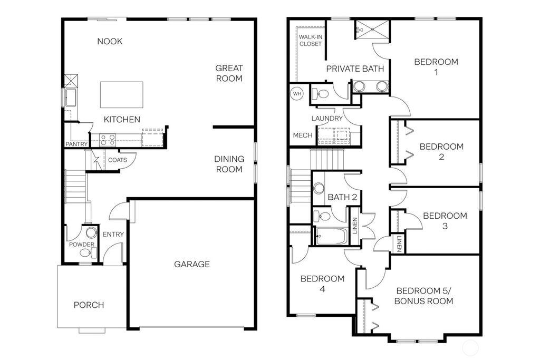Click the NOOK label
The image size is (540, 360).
point(110,41)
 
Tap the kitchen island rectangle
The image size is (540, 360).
point(122,94)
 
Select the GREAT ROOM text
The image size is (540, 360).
point(229,73)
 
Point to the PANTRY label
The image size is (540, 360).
point(76,144)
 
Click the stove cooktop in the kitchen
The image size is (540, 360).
point(108,140)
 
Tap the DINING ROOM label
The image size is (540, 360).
point(228,164)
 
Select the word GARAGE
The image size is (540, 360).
point(192,264)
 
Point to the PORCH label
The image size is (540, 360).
point(89,305)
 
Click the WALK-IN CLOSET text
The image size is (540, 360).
point(310,41)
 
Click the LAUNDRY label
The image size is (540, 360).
point(327,119)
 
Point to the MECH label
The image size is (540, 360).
point(302,135)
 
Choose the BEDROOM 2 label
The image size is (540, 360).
point(441,151)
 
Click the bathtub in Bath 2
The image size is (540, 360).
point(330,236)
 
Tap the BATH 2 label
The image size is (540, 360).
point(343,197)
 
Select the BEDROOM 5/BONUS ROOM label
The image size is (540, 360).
point(425,296)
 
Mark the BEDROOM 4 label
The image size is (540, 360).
point(322,284)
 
